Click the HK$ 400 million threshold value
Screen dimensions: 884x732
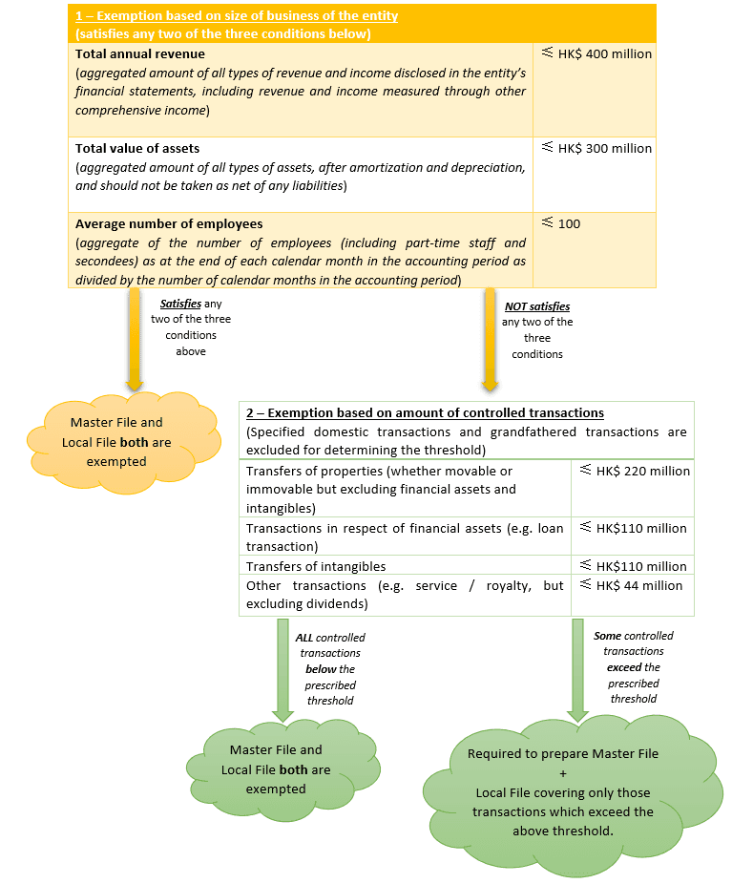(x=604, y=54)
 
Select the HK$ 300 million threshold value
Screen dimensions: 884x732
(x=604, y=148)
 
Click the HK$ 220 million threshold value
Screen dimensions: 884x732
(x=642, y=471)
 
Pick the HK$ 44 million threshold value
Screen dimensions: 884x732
(x=638, y=585)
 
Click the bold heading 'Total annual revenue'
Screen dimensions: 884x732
(x=140, y=54)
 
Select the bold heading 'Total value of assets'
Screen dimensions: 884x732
(x=137, y=148)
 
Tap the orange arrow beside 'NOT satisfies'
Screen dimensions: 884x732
(x=491, y=339)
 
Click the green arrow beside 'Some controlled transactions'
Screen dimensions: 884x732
(x=576, y=669)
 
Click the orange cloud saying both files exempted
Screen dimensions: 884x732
(x=111, y=441)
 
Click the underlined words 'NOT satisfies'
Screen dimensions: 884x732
(x=537, y=306)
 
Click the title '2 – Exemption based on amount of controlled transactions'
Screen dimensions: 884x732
(x=425, y=413)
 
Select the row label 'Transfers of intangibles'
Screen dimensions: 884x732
(x=316, y=566)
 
